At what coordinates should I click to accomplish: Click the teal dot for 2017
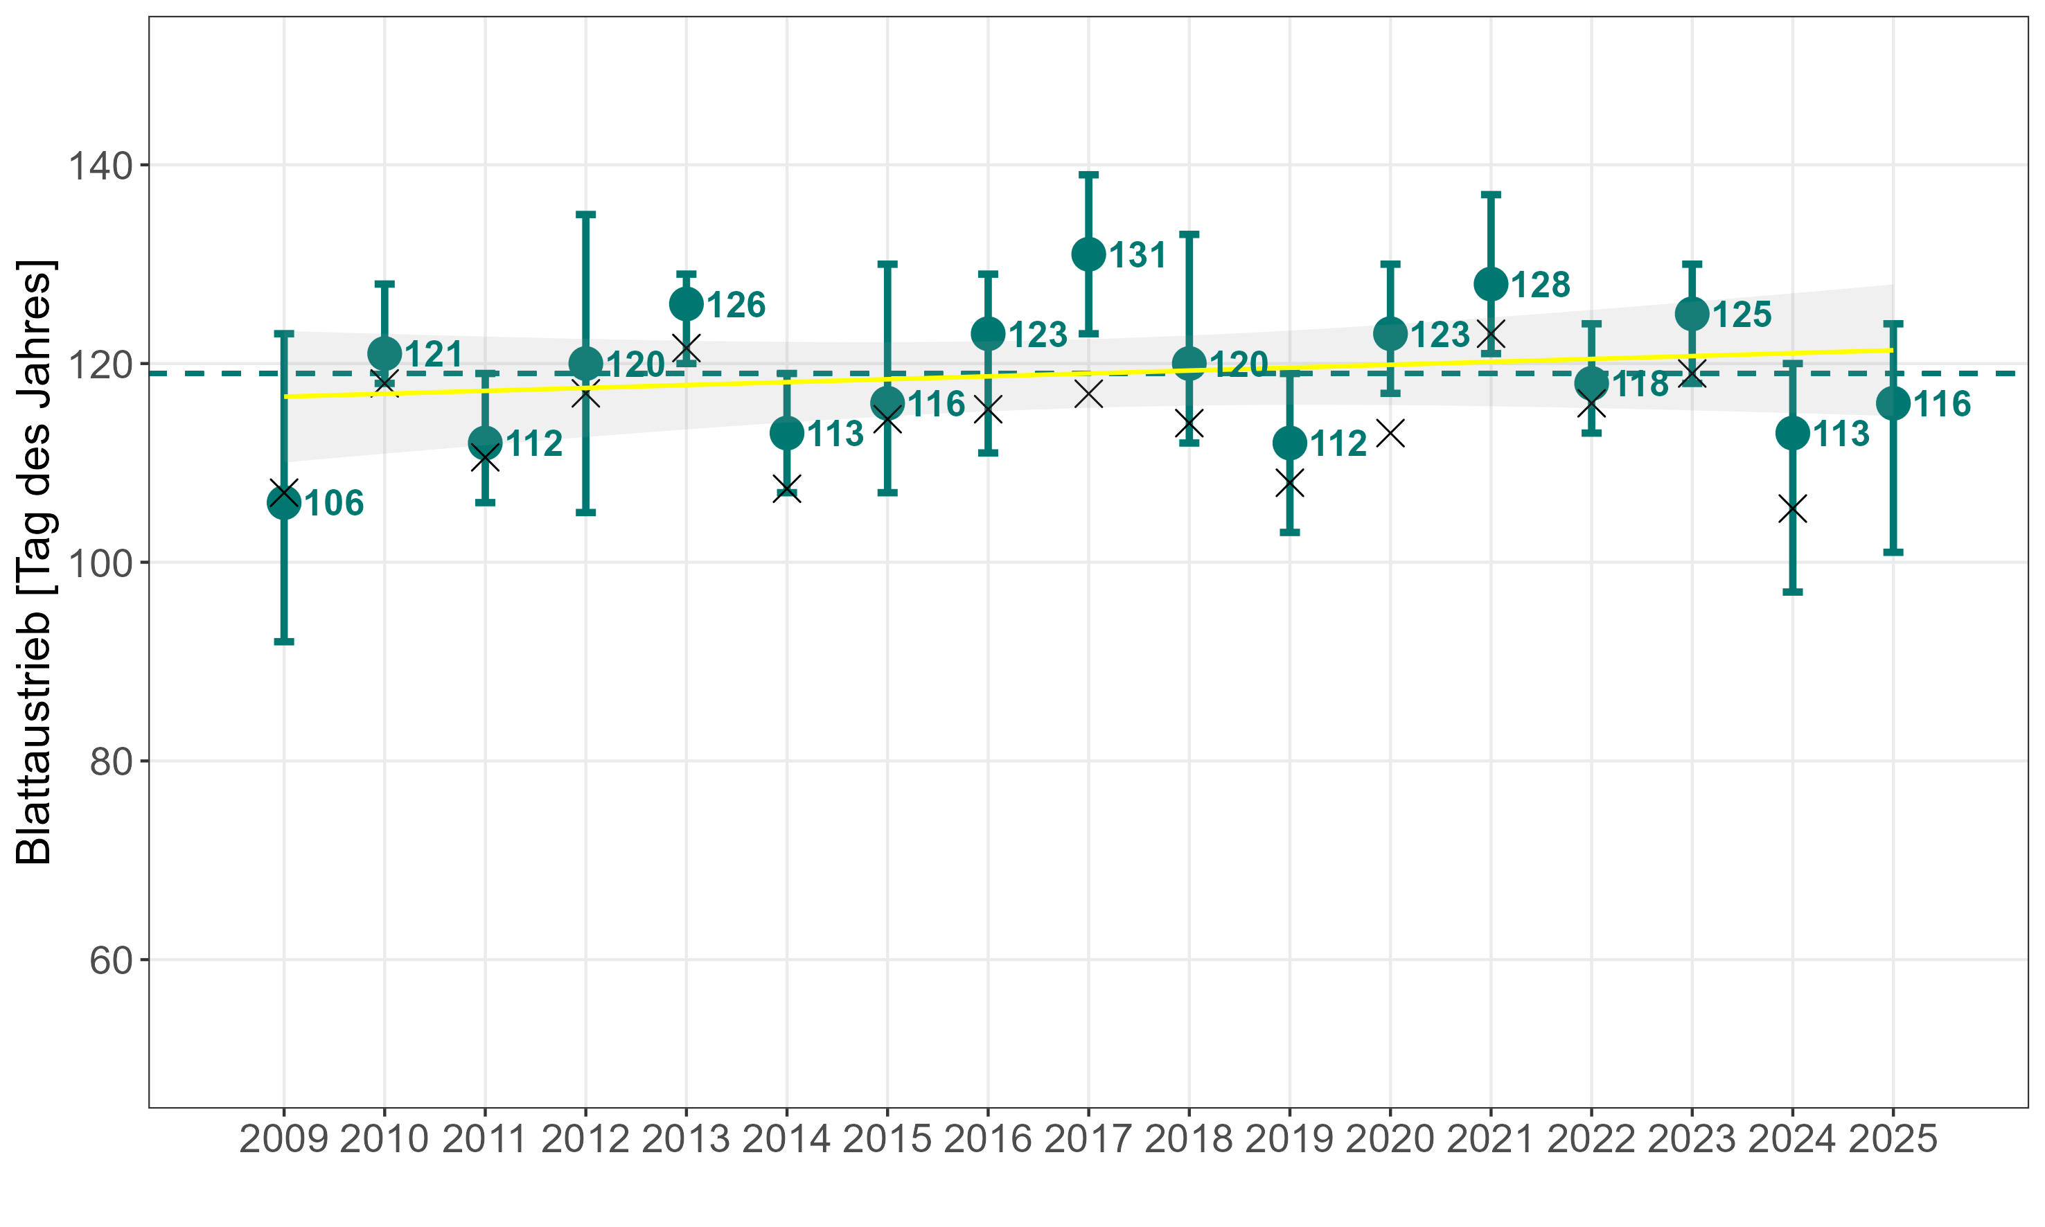coord(1088,255)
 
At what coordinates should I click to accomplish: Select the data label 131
coord(1137,256)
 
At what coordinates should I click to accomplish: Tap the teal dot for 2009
coord(283,503)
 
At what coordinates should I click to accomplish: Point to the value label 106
coord(334,504)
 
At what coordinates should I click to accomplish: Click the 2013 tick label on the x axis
coord(685,1139)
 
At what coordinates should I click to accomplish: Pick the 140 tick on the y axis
coord(100,166)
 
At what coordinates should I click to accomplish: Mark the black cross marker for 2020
coord(1390,433)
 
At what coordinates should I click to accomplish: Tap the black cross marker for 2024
coord(1792,509)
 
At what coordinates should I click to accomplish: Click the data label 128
coord(1540,285)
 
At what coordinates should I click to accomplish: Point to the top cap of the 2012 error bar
coord(585,215)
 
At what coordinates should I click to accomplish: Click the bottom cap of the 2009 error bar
coord(283,642)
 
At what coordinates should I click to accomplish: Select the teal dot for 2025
coord(1893,403)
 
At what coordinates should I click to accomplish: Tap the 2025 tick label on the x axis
coord(1893,1139)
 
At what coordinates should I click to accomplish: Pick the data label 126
coord(736,305)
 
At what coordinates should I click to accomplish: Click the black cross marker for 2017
coord(1088,395)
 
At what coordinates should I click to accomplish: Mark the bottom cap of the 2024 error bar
coord(1792,592)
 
